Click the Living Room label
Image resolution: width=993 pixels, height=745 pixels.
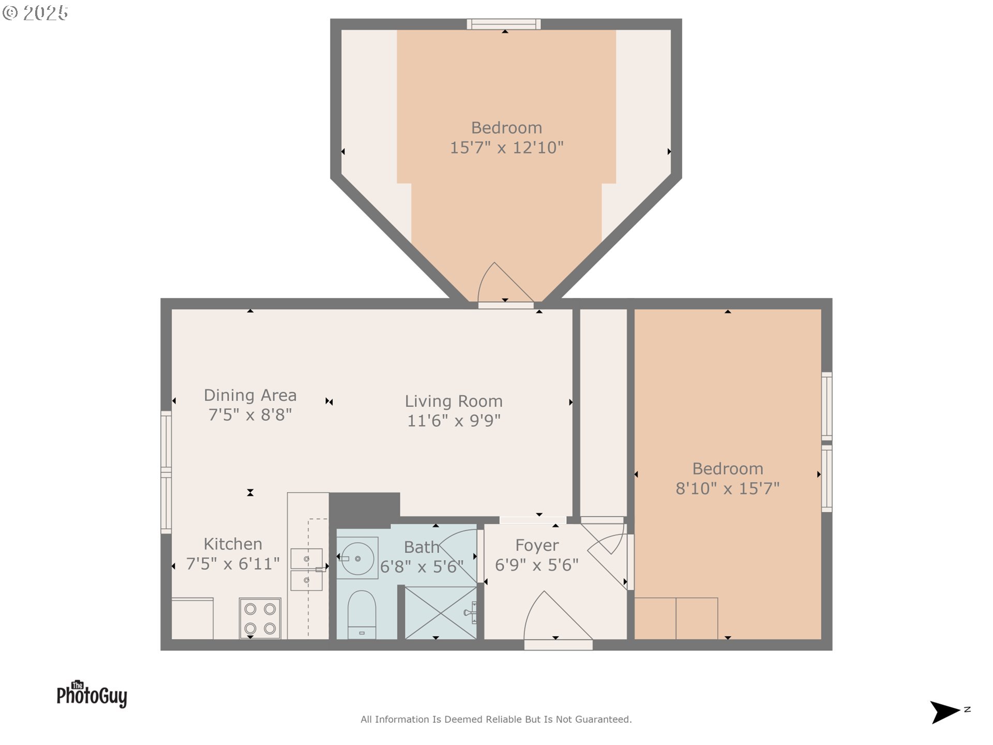454,401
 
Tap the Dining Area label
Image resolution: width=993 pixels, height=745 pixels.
250,395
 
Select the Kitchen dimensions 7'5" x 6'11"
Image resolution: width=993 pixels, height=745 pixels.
233,563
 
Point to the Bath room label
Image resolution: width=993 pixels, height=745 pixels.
422,547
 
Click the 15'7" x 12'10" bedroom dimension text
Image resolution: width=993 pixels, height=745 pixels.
506,147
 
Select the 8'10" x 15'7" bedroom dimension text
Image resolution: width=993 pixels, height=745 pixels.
727,488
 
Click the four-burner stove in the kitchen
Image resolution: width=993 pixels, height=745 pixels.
260,618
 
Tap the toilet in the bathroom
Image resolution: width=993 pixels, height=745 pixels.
362,613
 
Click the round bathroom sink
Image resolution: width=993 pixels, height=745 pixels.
357,558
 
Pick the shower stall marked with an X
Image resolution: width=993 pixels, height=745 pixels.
440,613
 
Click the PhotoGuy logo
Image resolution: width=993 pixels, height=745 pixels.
92,694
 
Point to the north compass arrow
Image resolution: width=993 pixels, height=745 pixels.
945,711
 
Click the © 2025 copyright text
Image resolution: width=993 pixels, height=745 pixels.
35,13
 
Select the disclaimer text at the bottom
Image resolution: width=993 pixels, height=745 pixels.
496,719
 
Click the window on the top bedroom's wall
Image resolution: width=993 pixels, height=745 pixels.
504,24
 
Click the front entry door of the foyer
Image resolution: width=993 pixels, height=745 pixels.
558,621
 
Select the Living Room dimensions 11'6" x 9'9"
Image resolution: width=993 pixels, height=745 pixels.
454,421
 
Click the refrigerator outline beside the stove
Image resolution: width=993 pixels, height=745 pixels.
192,618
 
